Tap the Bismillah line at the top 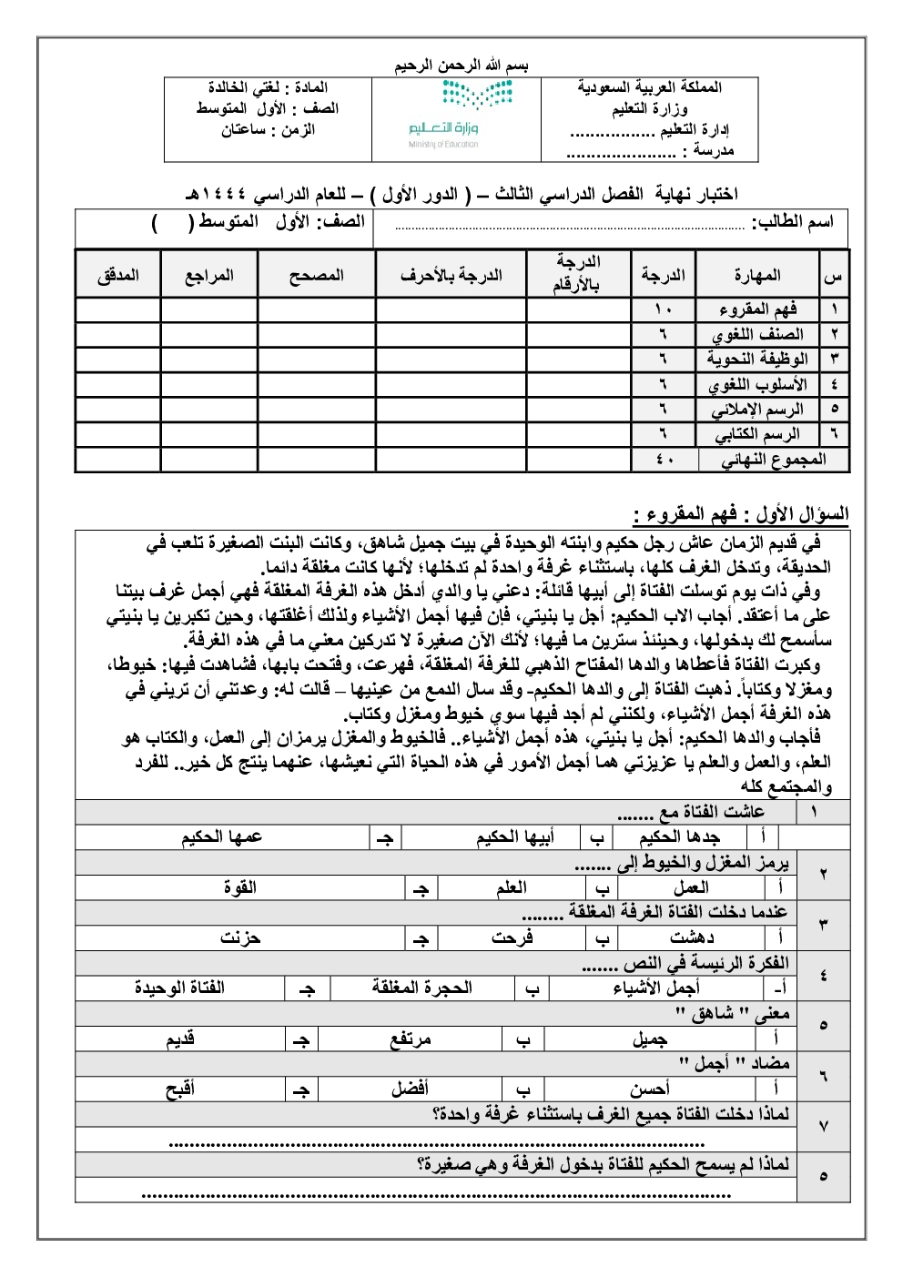462,66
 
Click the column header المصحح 316,275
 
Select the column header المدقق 118,275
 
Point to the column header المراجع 209,275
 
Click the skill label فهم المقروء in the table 757,309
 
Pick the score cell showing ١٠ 663,309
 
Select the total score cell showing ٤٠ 664,460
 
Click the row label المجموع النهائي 774,460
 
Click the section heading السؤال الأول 741,514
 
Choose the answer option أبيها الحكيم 515,837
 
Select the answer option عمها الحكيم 222,837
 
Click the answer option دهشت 692,937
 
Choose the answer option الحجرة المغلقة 422,988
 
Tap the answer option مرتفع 411,1039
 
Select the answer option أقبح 180,1089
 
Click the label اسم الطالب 793,222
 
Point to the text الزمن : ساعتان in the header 268,130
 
